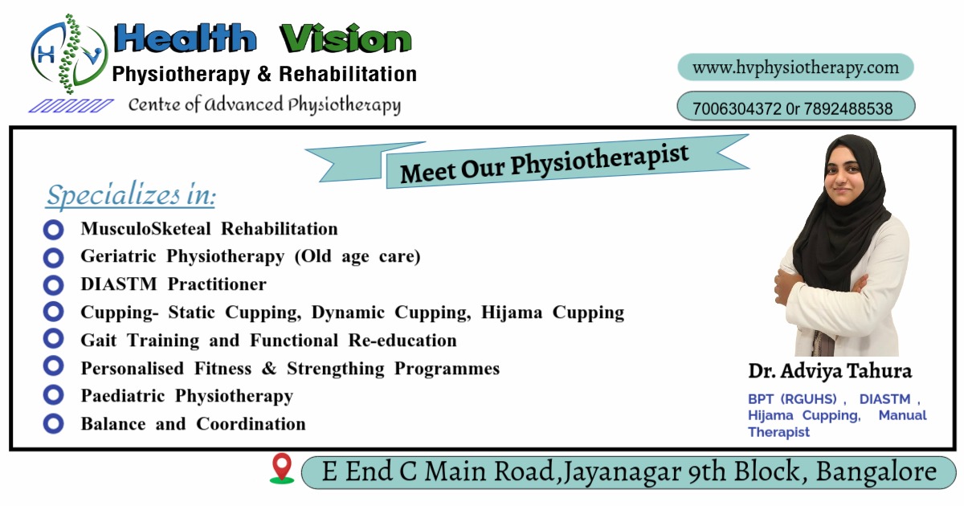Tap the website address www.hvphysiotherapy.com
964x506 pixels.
coord(796,68)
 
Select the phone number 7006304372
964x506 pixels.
coord(737,108)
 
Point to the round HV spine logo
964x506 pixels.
coord(69,54)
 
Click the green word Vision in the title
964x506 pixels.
coord(345,39)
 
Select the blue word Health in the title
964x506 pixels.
coord(185,38)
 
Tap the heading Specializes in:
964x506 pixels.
coord(130,196)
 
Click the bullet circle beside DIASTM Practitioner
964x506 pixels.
coord(53,285)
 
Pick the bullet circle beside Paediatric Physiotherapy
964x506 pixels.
coord(53,395)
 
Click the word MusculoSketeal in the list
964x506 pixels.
coord(146,229)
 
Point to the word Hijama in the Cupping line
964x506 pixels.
coord(512,312)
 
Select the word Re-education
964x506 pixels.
coord(402,341)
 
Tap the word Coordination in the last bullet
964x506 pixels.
coord(251,424)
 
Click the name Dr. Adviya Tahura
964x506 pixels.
coord(830,371)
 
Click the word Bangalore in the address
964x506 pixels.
coord(876,471)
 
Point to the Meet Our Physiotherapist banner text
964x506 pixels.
coord(545,164)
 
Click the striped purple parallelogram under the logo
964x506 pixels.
coord(71,106)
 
